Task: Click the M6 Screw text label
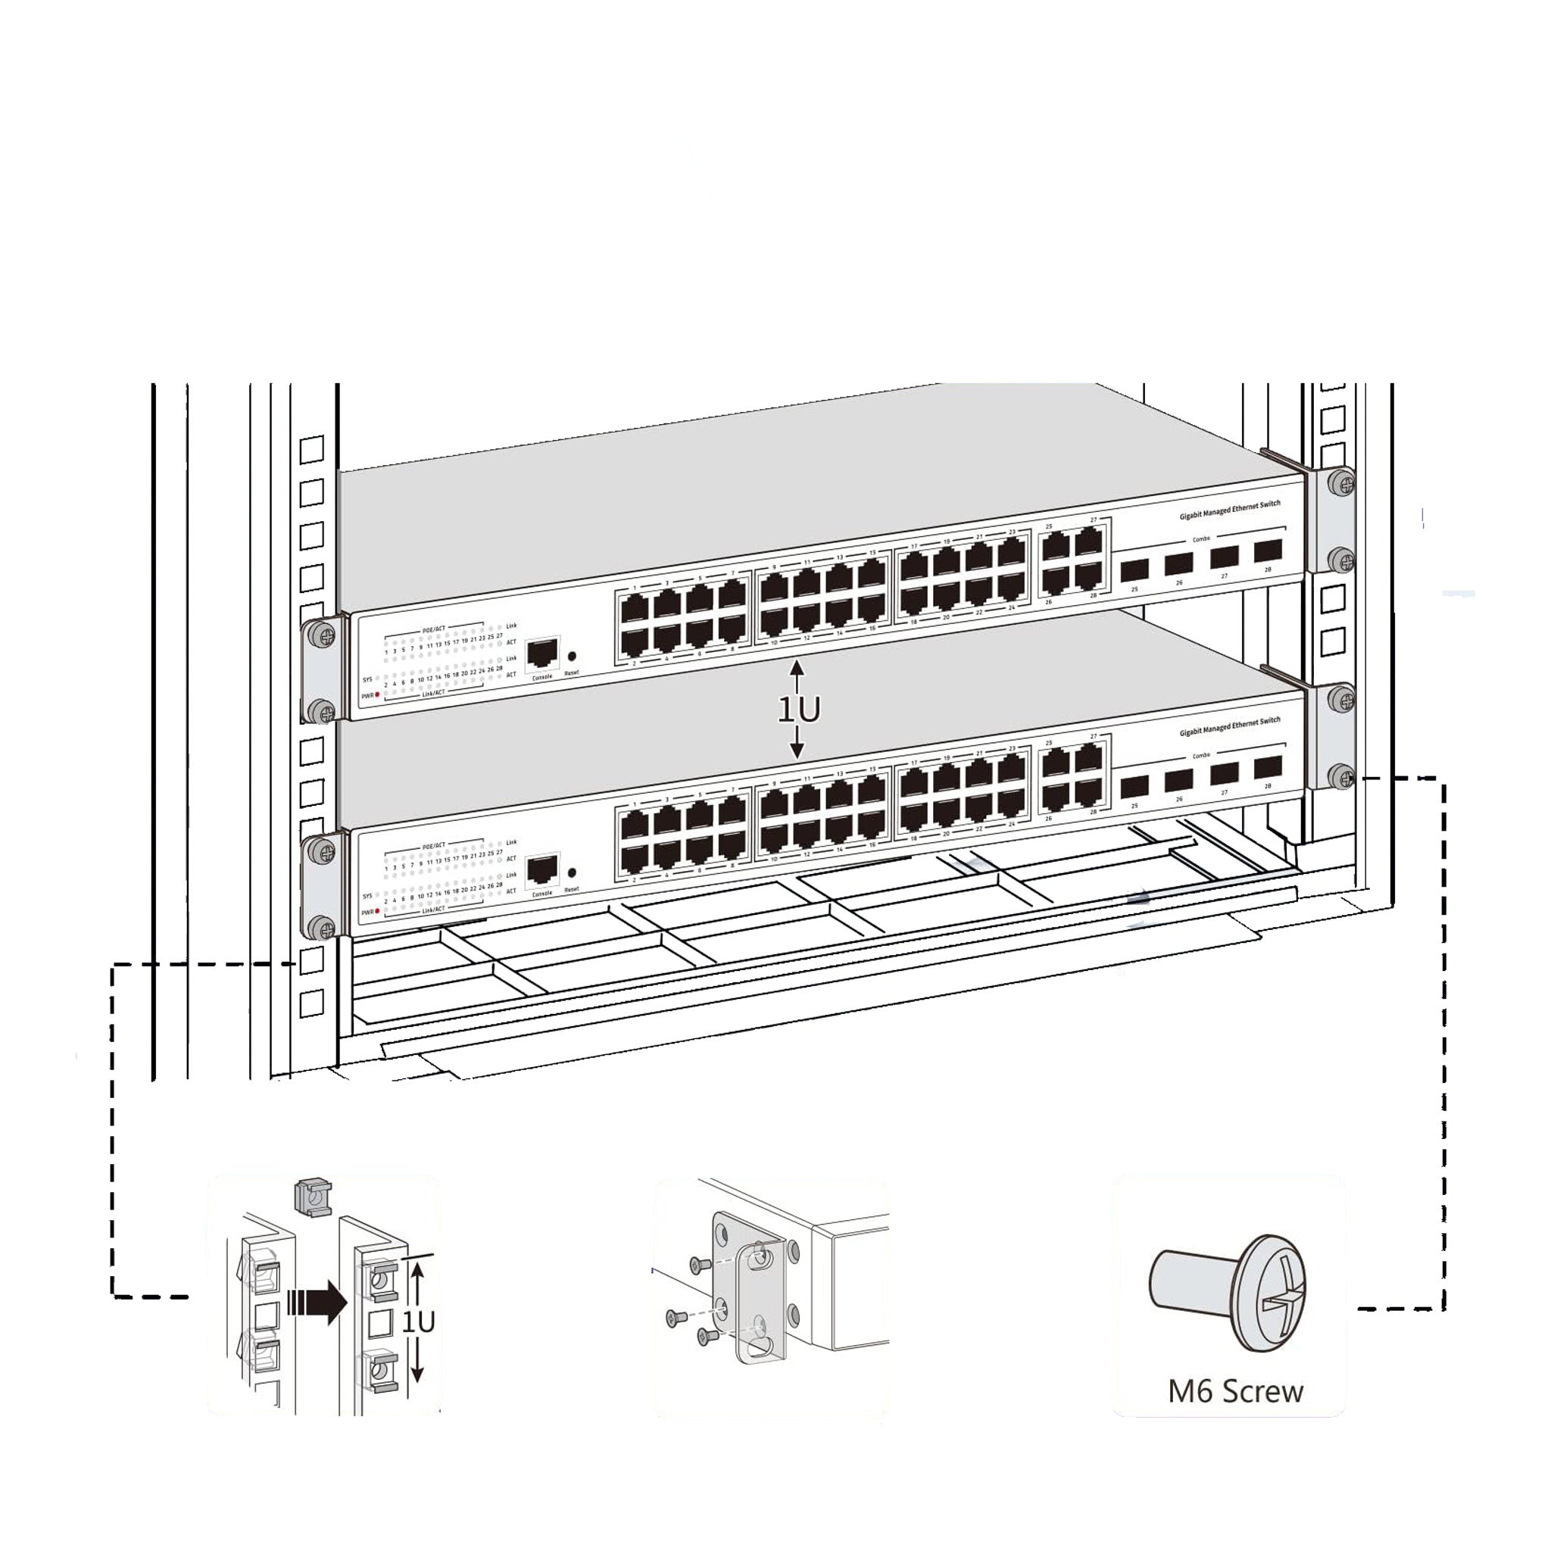1234,1391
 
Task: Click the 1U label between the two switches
799,710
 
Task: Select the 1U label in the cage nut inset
418,1322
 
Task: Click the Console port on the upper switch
543,654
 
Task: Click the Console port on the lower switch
543,869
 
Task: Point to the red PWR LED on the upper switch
377,694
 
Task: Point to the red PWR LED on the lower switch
377,912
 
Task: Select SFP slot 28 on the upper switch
1268,551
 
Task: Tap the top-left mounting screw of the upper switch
320,633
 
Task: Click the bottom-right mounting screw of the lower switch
1341,775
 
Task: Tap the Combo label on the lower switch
1201,755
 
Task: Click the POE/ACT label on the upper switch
433,630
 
